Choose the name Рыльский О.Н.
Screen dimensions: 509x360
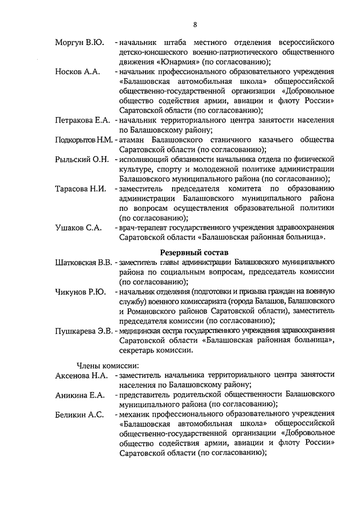coord(82,160)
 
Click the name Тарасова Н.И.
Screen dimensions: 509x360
coord(81,188)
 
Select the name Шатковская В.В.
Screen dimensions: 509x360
coord(84,262)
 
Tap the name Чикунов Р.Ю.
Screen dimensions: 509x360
coord(81,292)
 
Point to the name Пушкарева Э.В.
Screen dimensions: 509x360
coord(84,331)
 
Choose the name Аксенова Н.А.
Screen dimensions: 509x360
coord(82,375)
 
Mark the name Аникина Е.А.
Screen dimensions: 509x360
coord(80,395)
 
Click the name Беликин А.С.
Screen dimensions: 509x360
coord(79,415)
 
